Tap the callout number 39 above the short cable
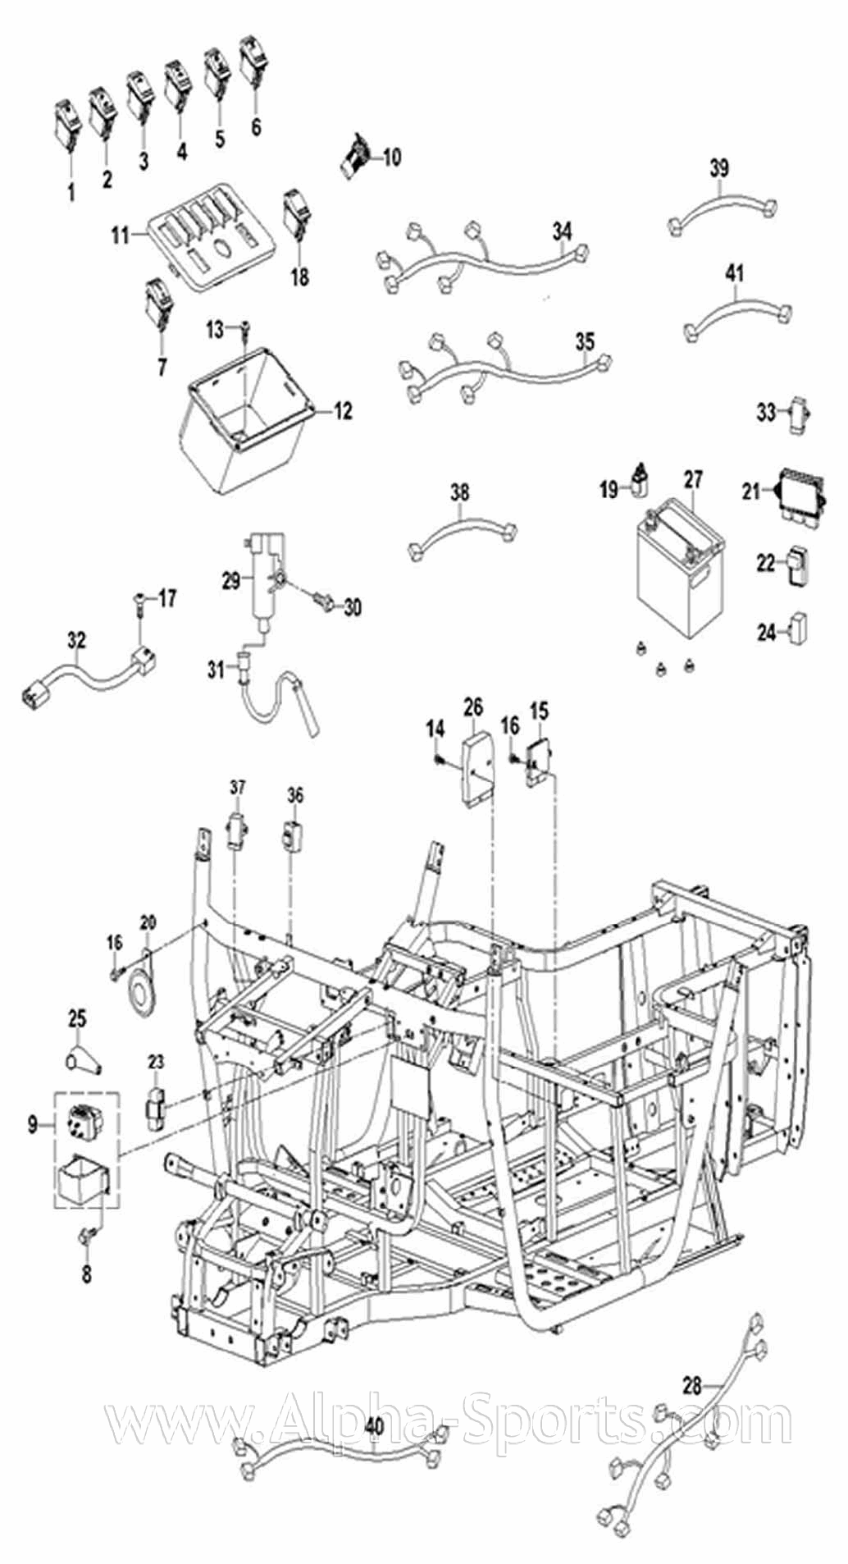point(718,169)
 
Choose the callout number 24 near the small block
point(766,633)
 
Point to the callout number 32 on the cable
point(76,640)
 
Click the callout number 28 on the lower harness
point(692,1340)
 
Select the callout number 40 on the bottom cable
point(375,1429)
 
